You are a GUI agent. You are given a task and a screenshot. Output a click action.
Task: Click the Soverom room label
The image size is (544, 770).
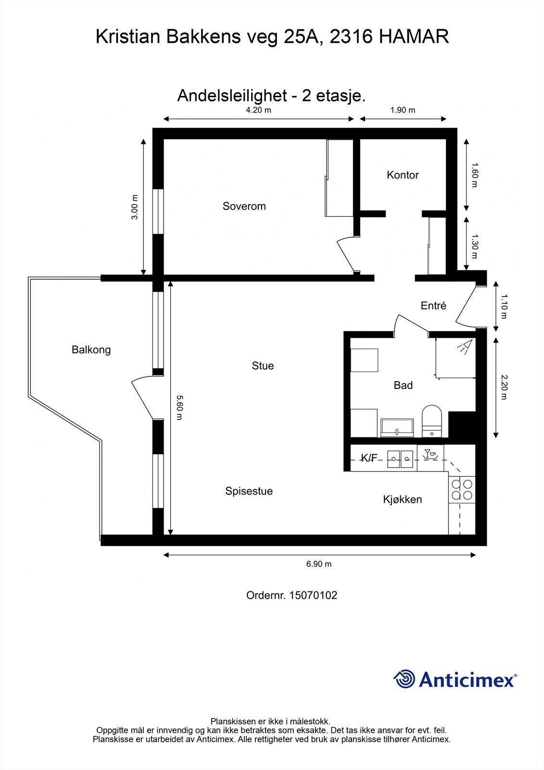point(244,206)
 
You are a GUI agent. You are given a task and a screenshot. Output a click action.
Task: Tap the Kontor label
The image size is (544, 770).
point(403,175)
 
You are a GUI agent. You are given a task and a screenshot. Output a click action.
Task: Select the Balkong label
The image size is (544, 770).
point(91,350)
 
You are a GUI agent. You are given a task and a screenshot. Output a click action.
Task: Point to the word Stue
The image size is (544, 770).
point(263,366)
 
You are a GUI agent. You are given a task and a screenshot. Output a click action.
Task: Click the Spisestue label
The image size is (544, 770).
point(249,491)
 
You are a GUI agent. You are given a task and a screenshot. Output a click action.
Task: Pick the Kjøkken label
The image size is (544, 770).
point(402,500)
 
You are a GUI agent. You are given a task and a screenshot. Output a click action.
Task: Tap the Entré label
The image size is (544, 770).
point(433,306)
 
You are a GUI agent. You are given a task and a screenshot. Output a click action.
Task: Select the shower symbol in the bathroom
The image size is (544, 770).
point(464,347)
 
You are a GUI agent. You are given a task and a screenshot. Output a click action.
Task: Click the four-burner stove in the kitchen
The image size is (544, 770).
point(461,489)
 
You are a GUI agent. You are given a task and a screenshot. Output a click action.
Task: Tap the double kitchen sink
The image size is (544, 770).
point(400,458)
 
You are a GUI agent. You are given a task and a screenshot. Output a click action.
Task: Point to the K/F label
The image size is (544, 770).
point(369,458)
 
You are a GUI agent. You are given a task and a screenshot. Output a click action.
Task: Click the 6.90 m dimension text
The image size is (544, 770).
point(319,564)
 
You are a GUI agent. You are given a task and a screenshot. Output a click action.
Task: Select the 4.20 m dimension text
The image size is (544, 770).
point(258,110)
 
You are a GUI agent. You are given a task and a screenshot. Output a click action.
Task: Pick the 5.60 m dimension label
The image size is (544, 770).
point(178,407)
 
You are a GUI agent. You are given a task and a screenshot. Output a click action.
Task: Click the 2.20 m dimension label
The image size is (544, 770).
point(503,387)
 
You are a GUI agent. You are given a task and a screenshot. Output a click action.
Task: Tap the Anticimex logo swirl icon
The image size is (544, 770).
point(404,679)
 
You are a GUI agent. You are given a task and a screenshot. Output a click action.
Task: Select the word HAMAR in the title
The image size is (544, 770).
point(414,37)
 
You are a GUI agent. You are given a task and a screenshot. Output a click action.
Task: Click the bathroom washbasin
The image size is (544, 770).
point(397,427)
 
